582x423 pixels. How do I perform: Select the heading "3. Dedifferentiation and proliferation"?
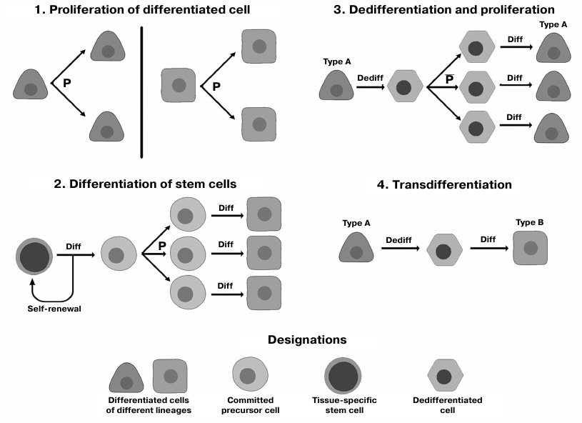point(443,10)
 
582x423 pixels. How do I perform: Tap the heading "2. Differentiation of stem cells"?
point(145,184)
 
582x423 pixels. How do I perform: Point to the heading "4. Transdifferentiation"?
point(443,184)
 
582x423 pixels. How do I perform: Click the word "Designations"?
point(306,340)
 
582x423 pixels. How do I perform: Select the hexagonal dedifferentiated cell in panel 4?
point(443,251)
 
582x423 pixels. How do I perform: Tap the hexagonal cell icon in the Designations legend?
point(443,376)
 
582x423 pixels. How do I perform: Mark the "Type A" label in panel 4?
point(356,223)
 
